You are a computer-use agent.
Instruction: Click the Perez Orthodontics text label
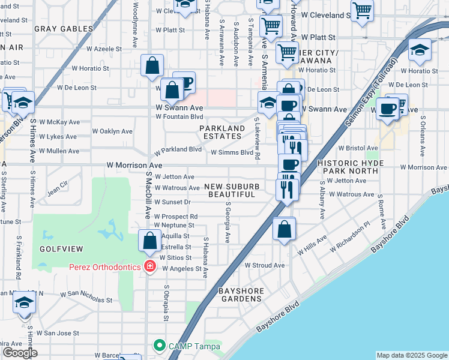tap(104, 266)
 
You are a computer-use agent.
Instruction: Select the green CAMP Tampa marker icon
tap(159, 345)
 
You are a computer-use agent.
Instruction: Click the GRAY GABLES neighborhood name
tap(64, 28)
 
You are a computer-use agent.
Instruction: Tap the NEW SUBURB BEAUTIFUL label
tap(232, 190)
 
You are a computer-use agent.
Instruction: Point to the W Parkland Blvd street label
tap(178, 149)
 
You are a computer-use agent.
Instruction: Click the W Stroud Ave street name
tap(265, 265)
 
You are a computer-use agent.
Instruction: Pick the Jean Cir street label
tap(58, 182)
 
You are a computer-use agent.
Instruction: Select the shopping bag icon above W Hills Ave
tap(285, 229)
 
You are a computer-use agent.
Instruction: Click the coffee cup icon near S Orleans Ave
tap(388, 109)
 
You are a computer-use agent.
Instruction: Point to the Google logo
tap(20, 353)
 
